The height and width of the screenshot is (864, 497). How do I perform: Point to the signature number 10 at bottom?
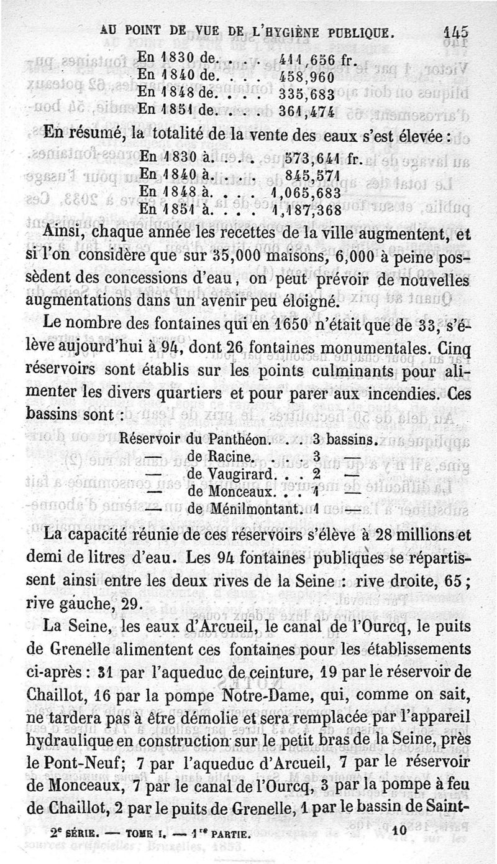[398, 830]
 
